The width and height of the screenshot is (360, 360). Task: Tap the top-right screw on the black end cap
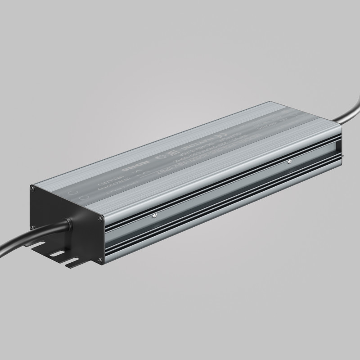[100, 219]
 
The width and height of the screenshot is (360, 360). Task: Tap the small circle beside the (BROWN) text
[84, 198]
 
